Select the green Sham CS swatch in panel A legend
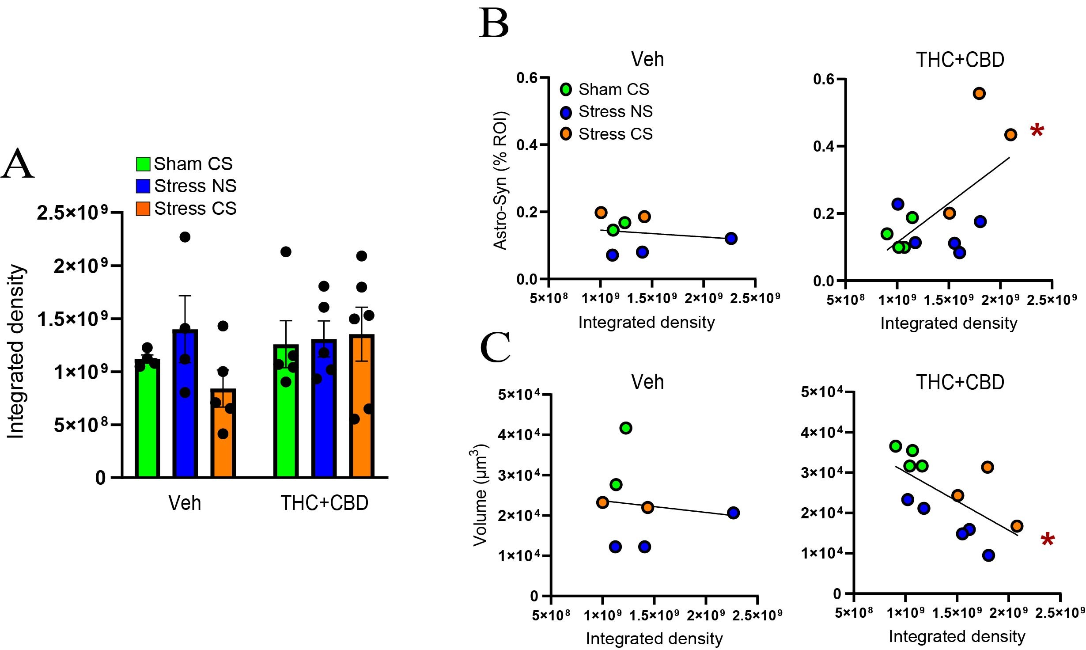tap(143, 164)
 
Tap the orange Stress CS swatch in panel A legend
tap(143, 209)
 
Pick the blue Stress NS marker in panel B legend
tap(566, 112)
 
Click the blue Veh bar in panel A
tap(185, 402)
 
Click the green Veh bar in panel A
tap(147, 418)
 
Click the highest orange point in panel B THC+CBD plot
tap(979, 94)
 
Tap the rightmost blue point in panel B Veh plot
tap(731, 239)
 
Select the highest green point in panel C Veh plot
tap(626, 428)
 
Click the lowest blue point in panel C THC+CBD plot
tap(989, 555)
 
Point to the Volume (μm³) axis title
tap(480, 495)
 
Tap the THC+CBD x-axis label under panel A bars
tap(324, 503)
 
